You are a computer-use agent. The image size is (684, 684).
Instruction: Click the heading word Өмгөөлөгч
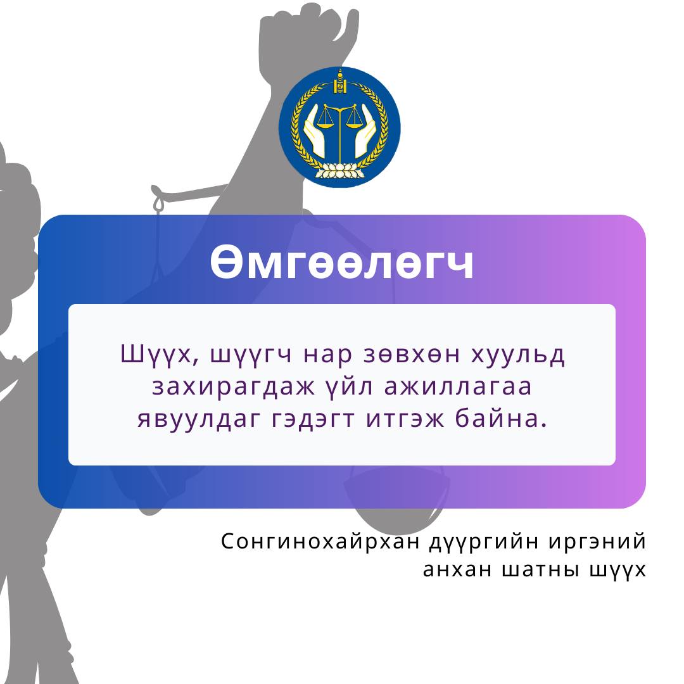(342, 263)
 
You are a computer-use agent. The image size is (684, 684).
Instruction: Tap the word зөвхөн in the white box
(412, 354)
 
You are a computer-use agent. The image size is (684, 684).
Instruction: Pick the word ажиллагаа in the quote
(458, 387)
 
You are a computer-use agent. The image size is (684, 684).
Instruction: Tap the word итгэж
(405, 418)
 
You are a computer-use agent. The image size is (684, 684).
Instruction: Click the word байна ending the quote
(498, 418)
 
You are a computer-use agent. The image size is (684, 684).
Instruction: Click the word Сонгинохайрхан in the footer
(320, 541)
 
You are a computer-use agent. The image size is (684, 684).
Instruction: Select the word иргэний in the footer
(597, 542)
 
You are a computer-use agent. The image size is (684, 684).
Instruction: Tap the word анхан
(457, 570)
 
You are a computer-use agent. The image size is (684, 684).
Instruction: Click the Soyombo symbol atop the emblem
(340, 82)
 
